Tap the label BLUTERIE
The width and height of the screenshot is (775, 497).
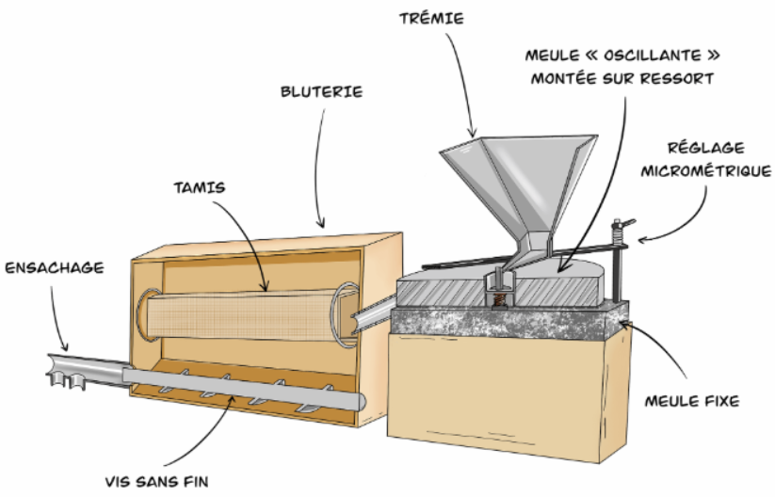(x=321, y=92)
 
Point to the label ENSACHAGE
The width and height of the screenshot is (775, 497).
(x=54, y=267)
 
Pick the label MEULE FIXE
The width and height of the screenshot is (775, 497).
(x=692, y=401)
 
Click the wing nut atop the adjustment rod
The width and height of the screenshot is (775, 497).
(x=619, y=225)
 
